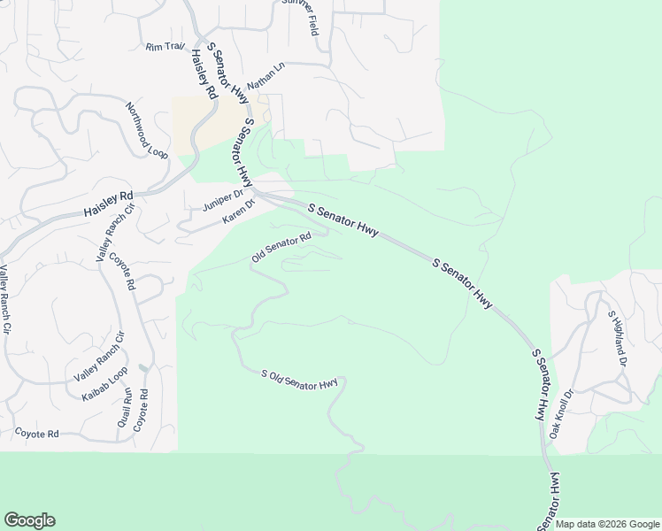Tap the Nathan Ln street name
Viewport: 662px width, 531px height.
coord(266,76)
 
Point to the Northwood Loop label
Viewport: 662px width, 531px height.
coord(146,130)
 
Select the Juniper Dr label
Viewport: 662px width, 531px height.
coord(222,201)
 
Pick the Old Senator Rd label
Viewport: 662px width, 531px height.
coord(281,247)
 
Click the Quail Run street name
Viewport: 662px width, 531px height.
coord(124,408)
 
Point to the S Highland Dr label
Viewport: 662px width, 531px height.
coord(617,338)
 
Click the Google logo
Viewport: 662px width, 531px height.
coord(29,520)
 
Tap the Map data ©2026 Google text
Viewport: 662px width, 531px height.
coord(607,524)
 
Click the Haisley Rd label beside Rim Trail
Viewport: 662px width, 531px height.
coord(204,73)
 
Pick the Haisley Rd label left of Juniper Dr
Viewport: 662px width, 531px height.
coord(108,205)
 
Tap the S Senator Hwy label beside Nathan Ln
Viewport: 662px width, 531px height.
coord(227,73)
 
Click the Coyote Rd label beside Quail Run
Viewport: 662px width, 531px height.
coord(139,411)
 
